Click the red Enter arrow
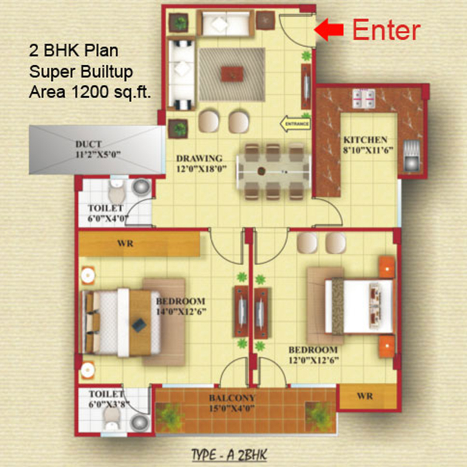[x=329, y=30]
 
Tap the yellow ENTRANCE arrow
[x=295, y=123]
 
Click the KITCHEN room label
[x=365, y=140]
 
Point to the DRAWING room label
[x=199, y=158]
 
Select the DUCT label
[x=89, y=144]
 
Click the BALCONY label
[x=232, y=398]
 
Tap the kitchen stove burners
[x=363, y=98]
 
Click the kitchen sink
[x=412, y=156]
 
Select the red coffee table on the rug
[x=232, y=74]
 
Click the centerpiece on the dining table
[x=262, y=171]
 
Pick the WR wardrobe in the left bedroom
[x=139, y=243]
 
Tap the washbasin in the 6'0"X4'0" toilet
[x=141, y=187]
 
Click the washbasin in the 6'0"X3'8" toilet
[x=140, y=422]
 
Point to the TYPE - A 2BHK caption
[x=229, y=455]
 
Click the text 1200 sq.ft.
[x=111, y=92]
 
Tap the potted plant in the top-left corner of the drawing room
[x=179, y=22]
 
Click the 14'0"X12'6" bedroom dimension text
[x=182, y=312]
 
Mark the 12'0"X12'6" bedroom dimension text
[x=313, y=360]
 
